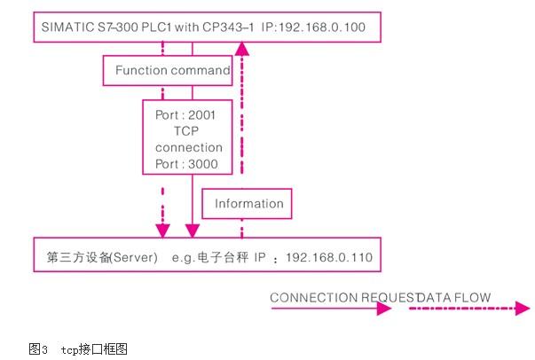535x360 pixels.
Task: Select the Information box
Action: coord(248,203)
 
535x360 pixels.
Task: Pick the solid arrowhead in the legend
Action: coord(383,309)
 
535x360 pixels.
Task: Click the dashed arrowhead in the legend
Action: coord(523,309)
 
